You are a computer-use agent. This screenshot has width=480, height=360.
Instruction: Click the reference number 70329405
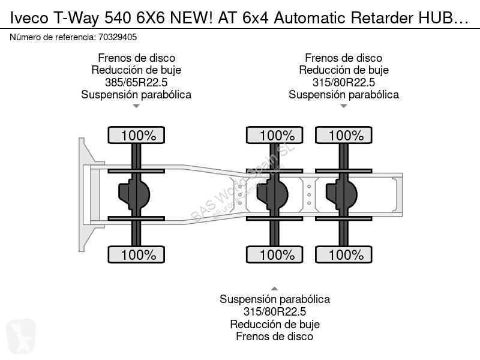(118, 37)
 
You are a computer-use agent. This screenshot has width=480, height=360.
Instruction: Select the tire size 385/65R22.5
(136, 82)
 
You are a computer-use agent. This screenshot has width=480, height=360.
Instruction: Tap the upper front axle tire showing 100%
(136, 135)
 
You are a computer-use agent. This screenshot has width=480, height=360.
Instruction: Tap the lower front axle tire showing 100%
(136, 254)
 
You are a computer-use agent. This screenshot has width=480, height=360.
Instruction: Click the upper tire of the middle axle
(275, 135)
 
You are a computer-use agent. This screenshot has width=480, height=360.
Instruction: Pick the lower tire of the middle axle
(275, 254)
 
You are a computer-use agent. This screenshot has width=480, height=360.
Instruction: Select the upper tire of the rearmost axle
(343, 135)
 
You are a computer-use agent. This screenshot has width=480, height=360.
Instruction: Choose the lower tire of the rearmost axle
(343, 254)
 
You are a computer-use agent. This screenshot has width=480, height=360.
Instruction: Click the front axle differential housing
(134, 194)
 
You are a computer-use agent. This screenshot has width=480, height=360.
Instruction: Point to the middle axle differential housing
(272, 194)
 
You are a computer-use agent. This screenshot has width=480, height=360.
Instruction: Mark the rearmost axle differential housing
(341, 194)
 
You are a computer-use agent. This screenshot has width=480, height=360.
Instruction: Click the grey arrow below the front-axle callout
(136, 106)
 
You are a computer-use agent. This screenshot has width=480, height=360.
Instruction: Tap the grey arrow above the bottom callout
(275, 289)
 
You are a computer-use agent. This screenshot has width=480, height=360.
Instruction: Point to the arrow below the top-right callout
(343, 106)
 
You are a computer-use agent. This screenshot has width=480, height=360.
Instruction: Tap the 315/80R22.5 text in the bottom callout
(275, 311)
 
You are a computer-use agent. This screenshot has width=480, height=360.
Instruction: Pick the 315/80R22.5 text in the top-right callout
(343, 82)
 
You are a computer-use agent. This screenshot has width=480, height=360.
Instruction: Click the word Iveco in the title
(29, 18)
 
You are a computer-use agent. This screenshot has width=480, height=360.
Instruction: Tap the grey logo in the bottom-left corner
(21, 336)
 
